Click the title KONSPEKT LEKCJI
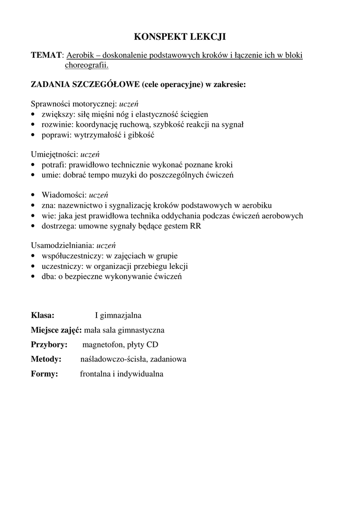pyautogui.click(x=180, y=37)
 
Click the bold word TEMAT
pyautogui.click(x=47, y=55)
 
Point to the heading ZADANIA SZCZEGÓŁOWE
pyautogui.click(x=85, y=85)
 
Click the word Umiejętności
pyautogui.click(x=54, y=154)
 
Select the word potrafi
pyautogui.click(x=53, y=165)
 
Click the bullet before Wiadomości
pyautogui.click(x=33, y=195)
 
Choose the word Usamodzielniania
pyautogui.click(x=62, y=245)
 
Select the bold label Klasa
pyautogui.click(x=43, y=315)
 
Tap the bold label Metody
pyautogui.click(x=46, y=359)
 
